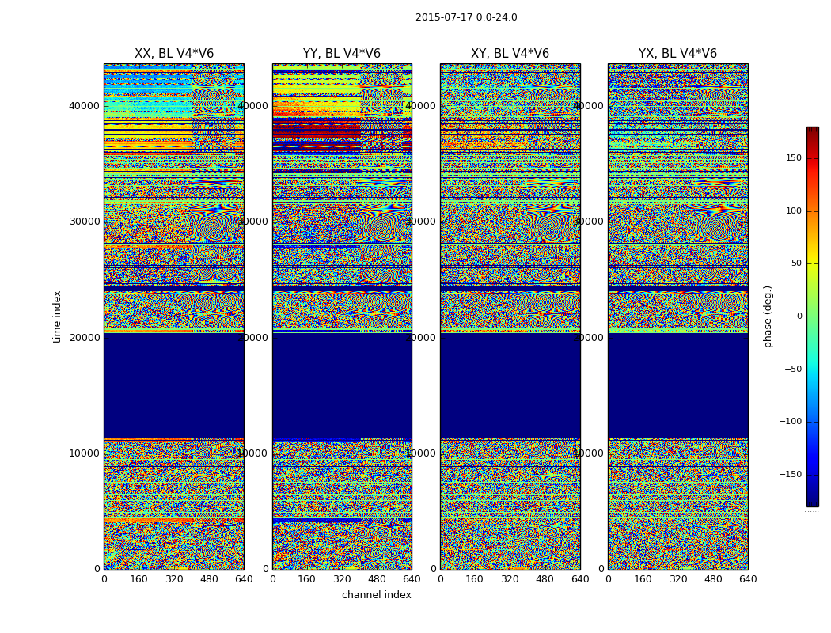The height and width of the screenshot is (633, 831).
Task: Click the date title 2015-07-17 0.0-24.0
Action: pyautogui.click(x=466, y=17)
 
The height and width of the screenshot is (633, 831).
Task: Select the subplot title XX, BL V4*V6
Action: pyautogui.click(x=174, y=54)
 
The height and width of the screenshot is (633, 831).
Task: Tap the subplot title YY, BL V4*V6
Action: pyautogui.click(x=342, y=54)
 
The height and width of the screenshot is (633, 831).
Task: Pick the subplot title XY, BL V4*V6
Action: pyautogui.click(x=510, y=54)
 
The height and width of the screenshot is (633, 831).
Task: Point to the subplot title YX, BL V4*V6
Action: pyautogui.click(x=677, y=54)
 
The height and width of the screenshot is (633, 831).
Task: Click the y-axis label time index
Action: pyautogui.click(x=57, y=316)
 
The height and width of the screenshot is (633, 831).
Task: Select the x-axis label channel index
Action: pyautogui.click(x=376, y=595)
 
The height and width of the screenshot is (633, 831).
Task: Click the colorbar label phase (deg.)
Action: pyautogui.click(x=768, y=316)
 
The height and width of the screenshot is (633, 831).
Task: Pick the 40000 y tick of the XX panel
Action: pyautogui.click(x=85, y=106)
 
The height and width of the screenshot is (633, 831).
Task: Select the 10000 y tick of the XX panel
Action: pyautogui.click(x=85, y=453)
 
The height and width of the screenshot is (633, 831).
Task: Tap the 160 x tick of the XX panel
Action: pyautogui.click(x=138, y=579)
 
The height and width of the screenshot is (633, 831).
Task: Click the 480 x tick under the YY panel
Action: pyautogui.click(x=377, y=579)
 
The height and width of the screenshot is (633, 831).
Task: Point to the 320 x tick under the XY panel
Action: pyautogui.click(x=510, y=579)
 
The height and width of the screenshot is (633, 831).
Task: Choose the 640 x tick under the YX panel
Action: pyautogui.click(x=748, y=579)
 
